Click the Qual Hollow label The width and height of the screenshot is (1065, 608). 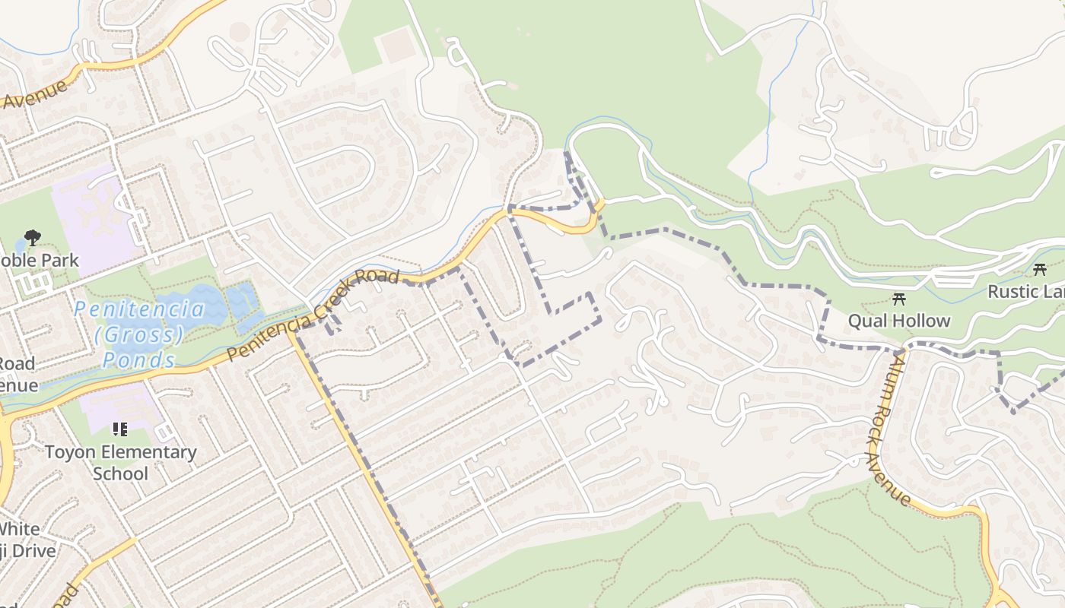pyautogui.click(x=899, y=321)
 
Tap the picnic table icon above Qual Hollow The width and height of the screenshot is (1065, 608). pyautogui.click(x=899, y=298)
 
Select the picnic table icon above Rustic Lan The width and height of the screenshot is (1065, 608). pyautogui.click(x=1040, y=269)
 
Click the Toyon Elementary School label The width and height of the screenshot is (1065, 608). pyautogui.click(x=120, y=463)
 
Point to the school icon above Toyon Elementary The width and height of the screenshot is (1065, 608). pyautogui.click(x=119, y=430)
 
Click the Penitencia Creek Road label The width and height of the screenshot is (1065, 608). pyautogui.click(x=313, y=316)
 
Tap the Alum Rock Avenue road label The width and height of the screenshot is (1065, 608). pyautogui.click(x=889, y=429)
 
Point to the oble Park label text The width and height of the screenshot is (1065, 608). pyautogui.click(x=40, y=261)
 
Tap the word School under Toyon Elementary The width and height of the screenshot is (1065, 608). pyautogui.click(x=120, y=473)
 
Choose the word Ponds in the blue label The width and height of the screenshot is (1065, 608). pyautogui.click(x=140, y=359)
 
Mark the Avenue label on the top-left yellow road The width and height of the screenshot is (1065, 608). pyautogui.click(x=35, y=93)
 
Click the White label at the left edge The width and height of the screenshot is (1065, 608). pyautogui.click(x=19, y=529)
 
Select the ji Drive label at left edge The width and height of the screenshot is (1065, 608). pyautogui.click(x=29, y=550)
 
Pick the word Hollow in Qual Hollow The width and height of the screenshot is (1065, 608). pyautogui.click(x=921, y=321)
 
